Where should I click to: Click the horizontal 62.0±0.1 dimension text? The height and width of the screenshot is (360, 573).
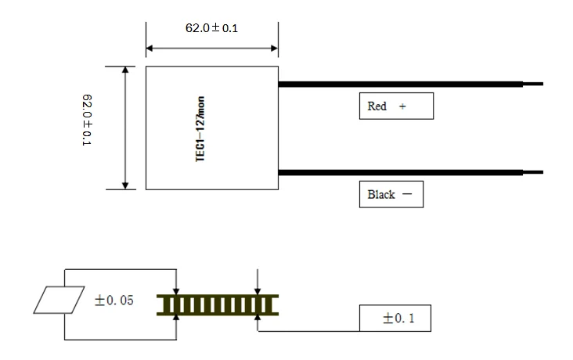[x=211, y=27]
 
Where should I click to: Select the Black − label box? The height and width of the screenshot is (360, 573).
[x=390, y=195]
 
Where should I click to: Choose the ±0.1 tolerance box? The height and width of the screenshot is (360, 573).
[x=395, y=319]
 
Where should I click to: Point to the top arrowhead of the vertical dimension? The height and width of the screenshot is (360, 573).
[x=124, y=70]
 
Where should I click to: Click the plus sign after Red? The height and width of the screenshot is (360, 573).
[x=402, y=106]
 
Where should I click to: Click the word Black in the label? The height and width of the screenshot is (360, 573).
[x=381, y=195]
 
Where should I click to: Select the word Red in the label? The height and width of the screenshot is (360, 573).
[x=377, y=106]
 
